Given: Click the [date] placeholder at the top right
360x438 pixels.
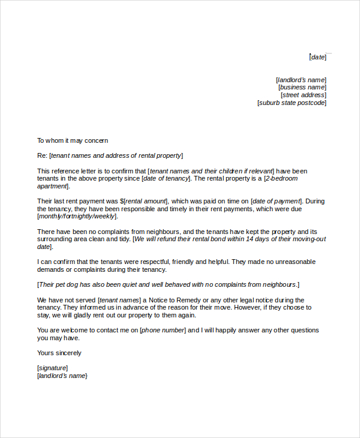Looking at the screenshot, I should click(318, 57).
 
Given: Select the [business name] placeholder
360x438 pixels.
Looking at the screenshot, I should click(302, 87).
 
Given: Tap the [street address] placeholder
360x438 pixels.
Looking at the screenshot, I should click(304, 95).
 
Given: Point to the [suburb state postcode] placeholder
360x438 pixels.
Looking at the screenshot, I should click(292, 103).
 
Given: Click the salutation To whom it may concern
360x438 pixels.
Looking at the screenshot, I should click(73, 140).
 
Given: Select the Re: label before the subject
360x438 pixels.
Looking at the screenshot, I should click(42, 155).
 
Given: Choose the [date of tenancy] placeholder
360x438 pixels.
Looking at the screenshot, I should click(166, 178).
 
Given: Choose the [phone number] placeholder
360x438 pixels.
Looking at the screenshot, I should click(163, 330).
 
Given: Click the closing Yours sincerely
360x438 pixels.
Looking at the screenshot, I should click(59, 353).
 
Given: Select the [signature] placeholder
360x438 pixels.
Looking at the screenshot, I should click(53, 368).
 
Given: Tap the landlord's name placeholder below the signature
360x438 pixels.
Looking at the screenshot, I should click(62, 376).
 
